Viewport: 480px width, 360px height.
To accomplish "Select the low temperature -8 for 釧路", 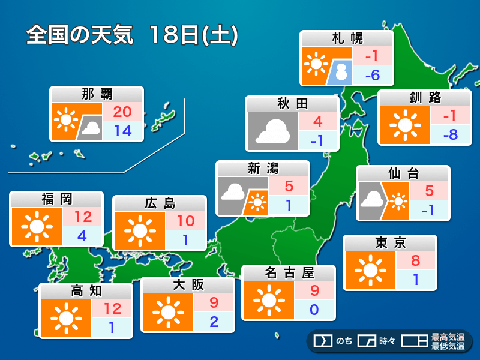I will coord(449,134).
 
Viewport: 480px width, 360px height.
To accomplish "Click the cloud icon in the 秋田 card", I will coord(272,131).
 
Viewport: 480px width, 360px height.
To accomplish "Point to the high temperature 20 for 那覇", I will coord(123,112).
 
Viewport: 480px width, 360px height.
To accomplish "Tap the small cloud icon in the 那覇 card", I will coord(91,128).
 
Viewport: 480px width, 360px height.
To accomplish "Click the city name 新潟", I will coord(263,169).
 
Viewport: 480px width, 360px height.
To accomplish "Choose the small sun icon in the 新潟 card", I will coord(258,203).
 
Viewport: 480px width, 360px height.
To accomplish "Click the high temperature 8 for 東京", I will coord(415,260).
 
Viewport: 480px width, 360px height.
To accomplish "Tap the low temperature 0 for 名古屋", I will coord(314,310).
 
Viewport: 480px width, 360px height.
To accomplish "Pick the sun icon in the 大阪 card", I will coord(167,313).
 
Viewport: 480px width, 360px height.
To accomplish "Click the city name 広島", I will coord(160,203).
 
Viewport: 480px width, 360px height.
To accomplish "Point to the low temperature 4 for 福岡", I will coord(82,236).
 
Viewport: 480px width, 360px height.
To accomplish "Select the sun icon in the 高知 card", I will coord(65,319).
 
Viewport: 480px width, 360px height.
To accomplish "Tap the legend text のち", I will coord(344,341).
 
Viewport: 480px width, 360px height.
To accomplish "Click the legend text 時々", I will coord(387,341).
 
